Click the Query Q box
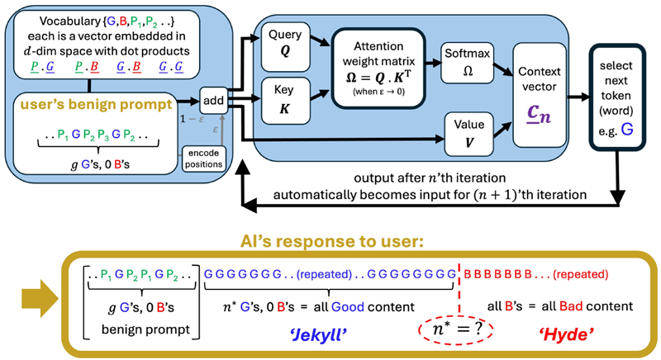pos(285,47)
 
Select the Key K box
pos(285,101)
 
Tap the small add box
pos(213,100)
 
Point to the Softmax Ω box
pos(468,63)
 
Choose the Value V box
pos(468,134)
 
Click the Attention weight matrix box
pos(378,69)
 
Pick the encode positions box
pos(203,159)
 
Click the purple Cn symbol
pos(540,114)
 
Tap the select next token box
pos(616,97)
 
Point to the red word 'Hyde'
pos(567,334)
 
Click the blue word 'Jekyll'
pos(319,334)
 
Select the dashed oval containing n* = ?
pos(456,329)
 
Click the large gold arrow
pos(40,300)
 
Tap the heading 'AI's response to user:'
pos(332,241)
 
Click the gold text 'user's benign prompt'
pos(97,104)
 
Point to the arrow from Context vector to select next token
pos(578,97)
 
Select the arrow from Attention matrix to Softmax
pos(433,63)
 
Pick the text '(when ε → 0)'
pos(378,92)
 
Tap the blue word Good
pos(348,306)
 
